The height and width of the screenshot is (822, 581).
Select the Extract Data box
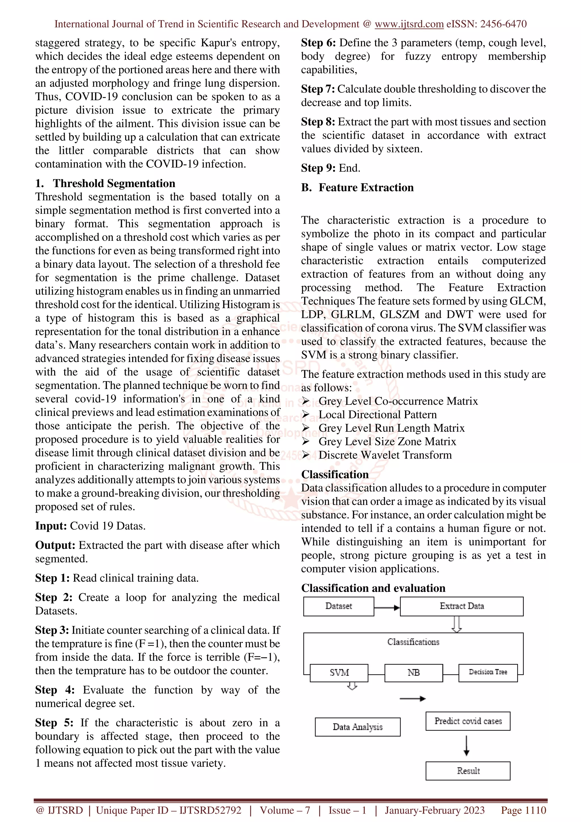point(462,606)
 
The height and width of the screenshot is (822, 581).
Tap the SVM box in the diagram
point(339,673)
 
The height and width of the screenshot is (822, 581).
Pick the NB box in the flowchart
point(413,673)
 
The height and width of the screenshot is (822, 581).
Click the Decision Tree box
point(488,672)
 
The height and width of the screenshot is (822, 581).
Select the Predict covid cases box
point(468,721)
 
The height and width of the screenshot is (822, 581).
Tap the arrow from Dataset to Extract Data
point(387,608)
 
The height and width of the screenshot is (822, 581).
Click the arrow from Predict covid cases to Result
point(466,746)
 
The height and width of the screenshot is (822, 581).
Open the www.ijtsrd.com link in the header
point(409,24)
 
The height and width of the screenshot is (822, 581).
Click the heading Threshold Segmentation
point(114,183)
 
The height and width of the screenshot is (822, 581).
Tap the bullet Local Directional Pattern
point(377,415)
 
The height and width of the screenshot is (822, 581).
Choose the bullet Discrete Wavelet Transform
point(385,455)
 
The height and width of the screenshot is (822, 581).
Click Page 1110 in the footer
point(523,810)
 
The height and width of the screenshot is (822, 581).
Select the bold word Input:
point(51,526)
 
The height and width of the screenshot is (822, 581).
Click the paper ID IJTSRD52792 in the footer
point(210,810)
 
